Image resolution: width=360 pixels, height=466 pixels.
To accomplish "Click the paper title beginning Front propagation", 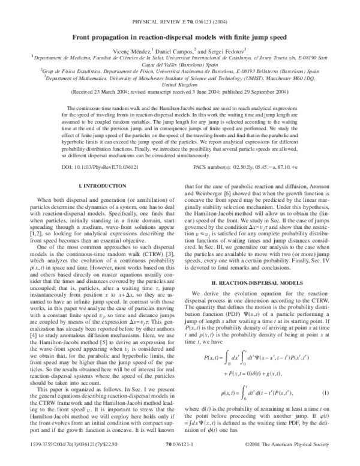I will (x=179, y=37).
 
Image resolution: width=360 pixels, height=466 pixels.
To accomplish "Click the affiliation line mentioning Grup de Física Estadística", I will (x=179, y=70).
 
